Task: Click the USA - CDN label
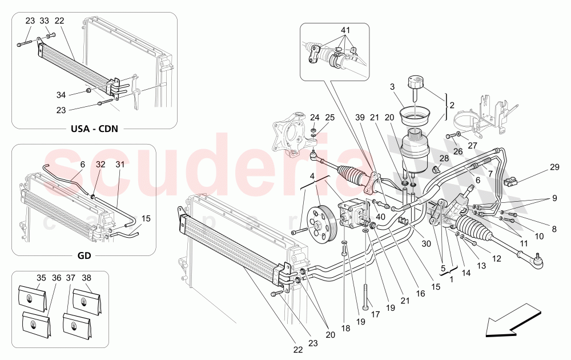click(94, 128)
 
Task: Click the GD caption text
click(84, 255)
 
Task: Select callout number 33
click(44, 21)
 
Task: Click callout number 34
click(61, 94)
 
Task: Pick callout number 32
click(100, 164)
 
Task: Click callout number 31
click(120, 164)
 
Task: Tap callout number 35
click(41, 278)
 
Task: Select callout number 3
click(393, 87)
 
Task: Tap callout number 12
click(496, 258)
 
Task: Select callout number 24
click(315, 118)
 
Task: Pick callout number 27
click(472, 145)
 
